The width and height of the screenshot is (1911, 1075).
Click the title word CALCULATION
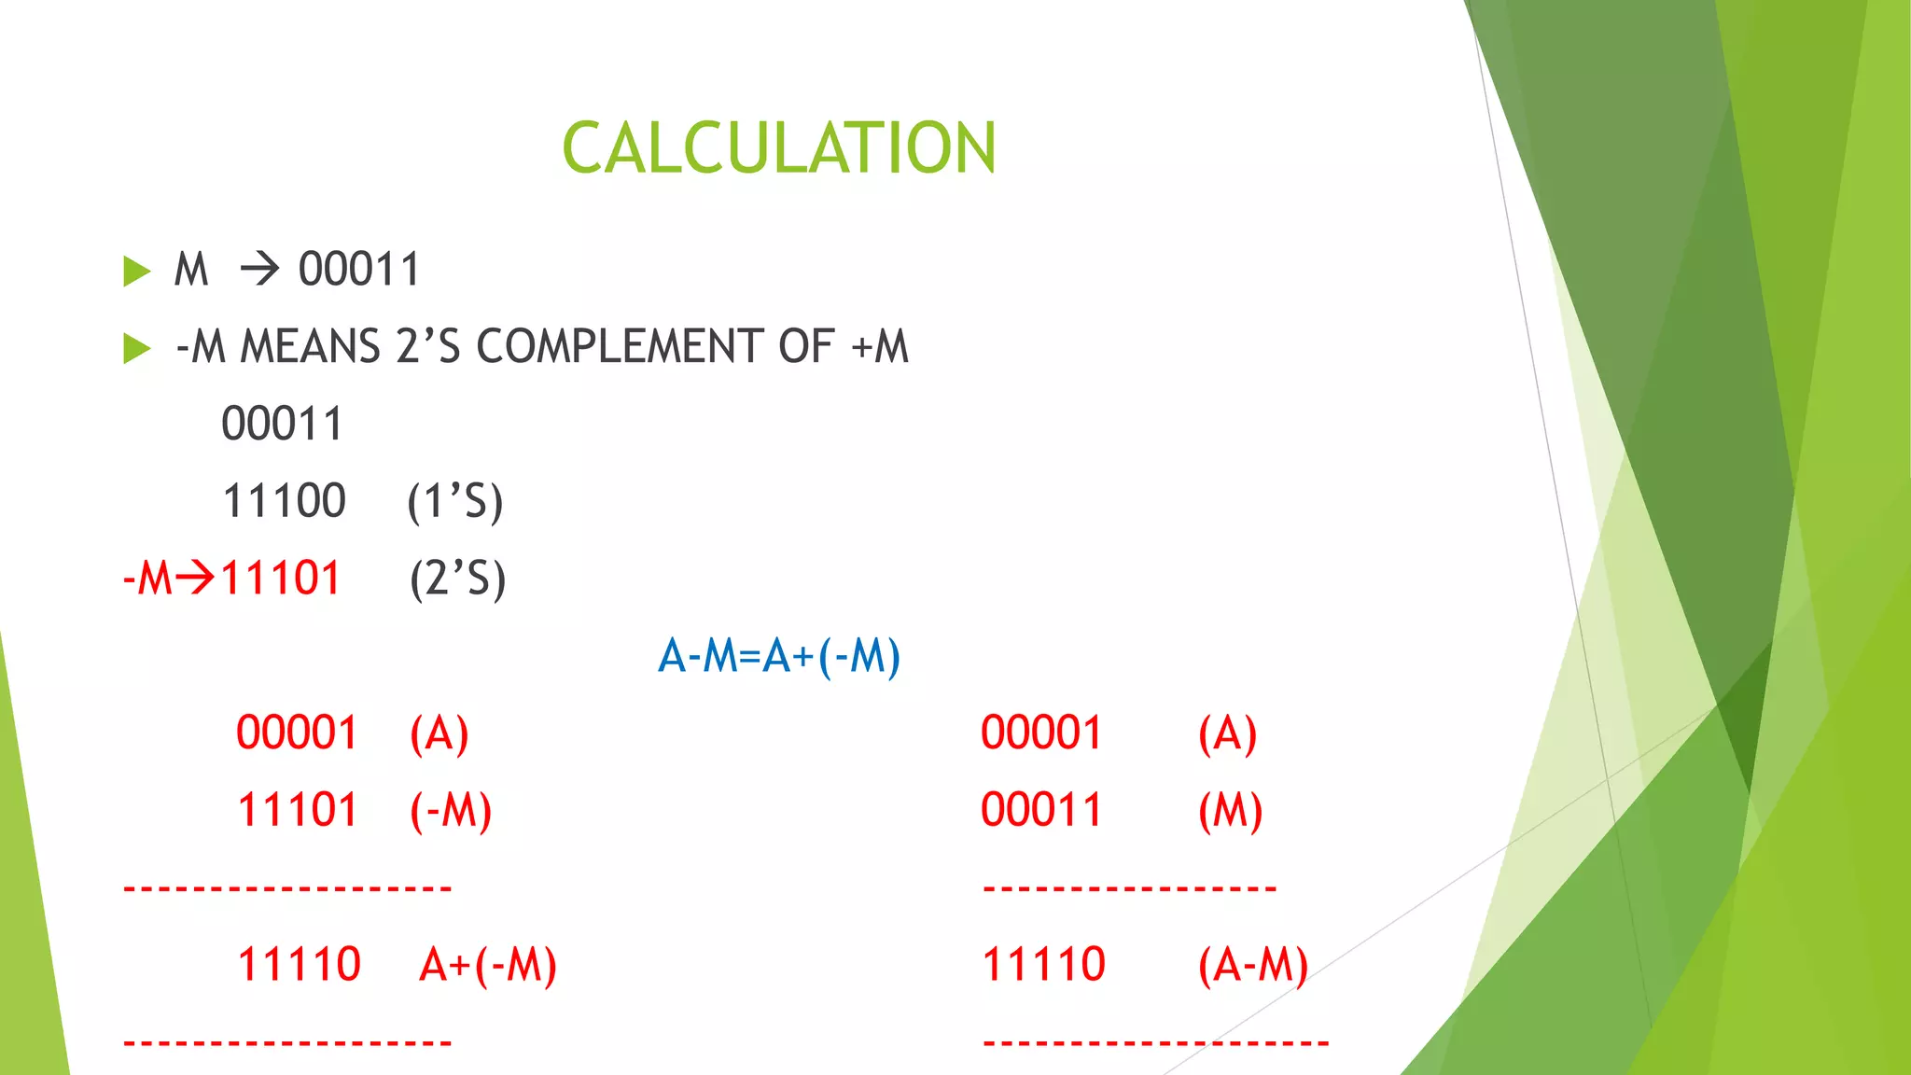pyautogui.click(x=779, y=148)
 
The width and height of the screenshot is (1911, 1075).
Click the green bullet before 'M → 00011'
pyautogui.click(x=136, y=272)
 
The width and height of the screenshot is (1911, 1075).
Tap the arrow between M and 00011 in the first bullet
pyautogui.click(x=259, y=270)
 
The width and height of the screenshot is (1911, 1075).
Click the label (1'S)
pyautogui.click(x=455, y=502)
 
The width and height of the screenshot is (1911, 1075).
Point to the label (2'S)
pyautogui.click(x=457, y=579)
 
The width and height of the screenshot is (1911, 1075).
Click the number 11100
pyautogui.click(x=284, y=501)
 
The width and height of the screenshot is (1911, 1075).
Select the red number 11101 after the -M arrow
pyautogui.click(x=280, y=578)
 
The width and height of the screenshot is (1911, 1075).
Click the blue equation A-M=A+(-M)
pyautogui.click(x=779, y=655)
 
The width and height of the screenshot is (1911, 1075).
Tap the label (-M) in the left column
pyautogui.click(x=450, y=810)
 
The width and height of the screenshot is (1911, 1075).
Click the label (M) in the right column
pyautogui.click(x=1230, y=810)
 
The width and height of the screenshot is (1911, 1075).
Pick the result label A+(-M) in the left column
pyautogui.click(x=487, y=965)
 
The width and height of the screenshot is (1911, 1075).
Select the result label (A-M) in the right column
pyautogui.click(x=1252, y=965)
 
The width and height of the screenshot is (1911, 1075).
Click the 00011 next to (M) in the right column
pyautogui.click(x=1041, y=810)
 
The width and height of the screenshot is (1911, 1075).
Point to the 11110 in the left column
pyautogui.click(x=299, y=965)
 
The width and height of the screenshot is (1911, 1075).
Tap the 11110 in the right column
pyautogui.click(x=1043, y=965)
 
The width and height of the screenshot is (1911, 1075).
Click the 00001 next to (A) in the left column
pyautogui.click(x=297, y=733)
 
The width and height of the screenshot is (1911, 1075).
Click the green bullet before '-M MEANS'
pyautogui.click(x=136, y=349)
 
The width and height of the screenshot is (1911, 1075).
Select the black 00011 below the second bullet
pyautogui.click(x=282, y=424)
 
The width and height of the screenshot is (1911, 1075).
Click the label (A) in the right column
pyautogui.click(x=1227, y=733)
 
